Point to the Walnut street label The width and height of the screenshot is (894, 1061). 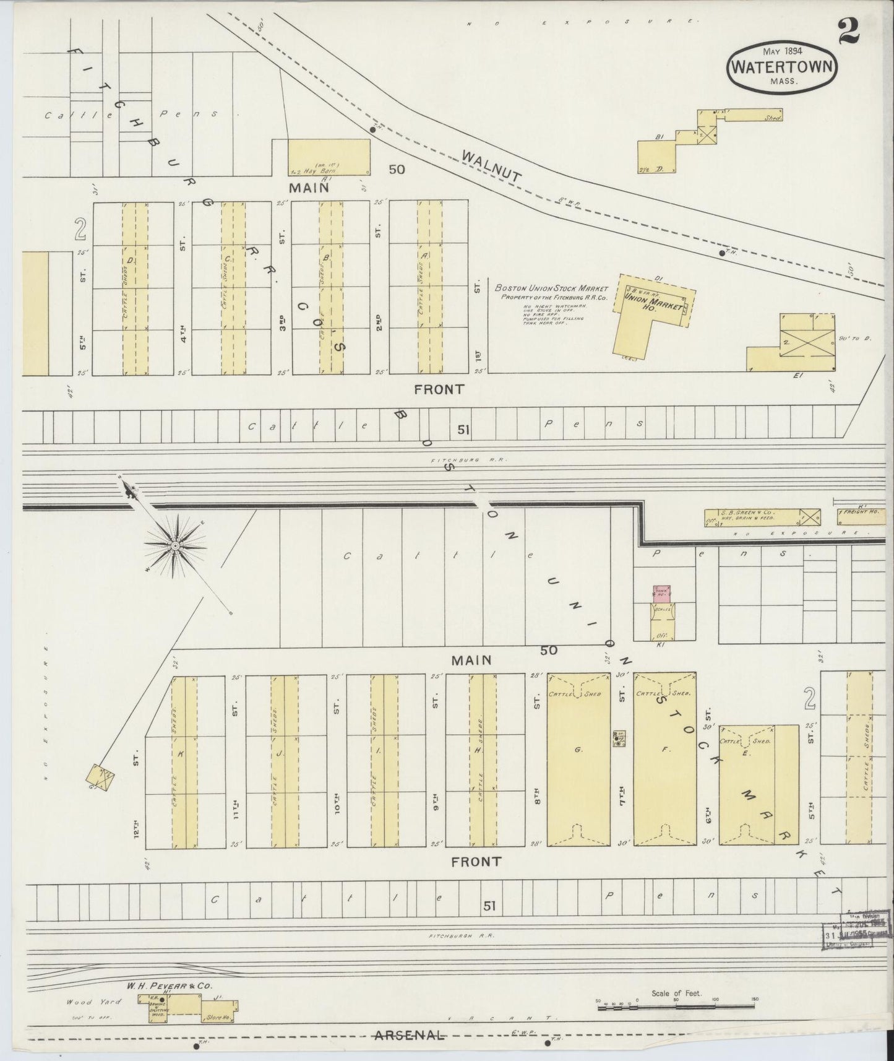pos(492,167)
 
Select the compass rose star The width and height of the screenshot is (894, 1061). pos(175,545)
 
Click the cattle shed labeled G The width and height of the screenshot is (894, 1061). pos(578,759)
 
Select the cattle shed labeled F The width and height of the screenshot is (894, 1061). pos(665,759)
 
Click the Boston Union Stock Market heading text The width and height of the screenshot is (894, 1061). pos(551,288)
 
